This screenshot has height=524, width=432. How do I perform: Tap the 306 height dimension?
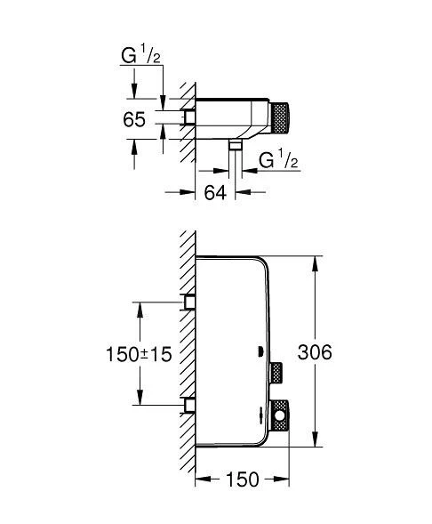(x=315, y=352)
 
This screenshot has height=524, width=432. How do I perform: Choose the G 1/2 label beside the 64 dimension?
(x=276, y=161)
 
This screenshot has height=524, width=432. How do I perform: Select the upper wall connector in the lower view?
(x=188, y=302)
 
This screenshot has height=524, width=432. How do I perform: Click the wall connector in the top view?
(x=188, y=117)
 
